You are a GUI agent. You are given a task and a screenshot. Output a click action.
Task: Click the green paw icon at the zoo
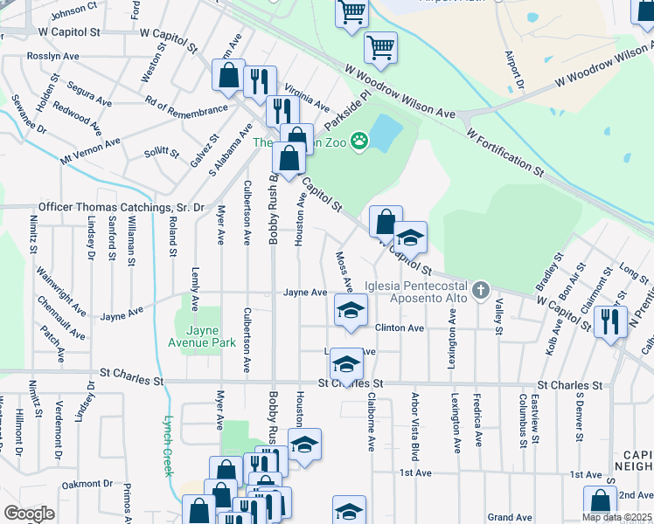click(358, 141)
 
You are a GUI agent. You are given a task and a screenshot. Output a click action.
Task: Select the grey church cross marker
click(479, 290)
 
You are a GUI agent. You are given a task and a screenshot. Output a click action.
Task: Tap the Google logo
click(29, 514)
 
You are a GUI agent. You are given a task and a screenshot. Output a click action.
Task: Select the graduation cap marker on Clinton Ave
click(351, 310)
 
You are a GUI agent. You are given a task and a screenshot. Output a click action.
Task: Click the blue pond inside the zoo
click(386, 132)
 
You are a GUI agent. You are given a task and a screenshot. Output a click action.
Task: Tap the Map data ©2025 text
click(616, 517)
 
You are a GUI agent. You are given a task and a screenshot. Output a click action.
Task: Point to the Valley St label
click(498, 316)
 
